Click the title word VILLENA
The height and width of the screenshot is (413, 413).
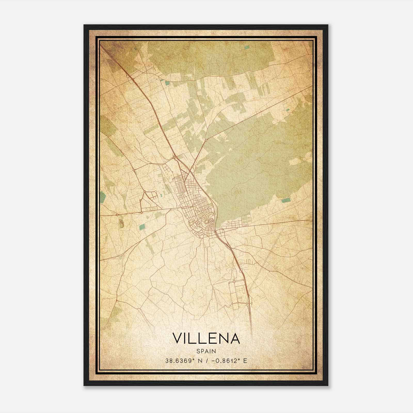[206, 338]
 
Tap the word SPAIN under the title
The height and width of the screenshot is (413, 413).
[206, 351]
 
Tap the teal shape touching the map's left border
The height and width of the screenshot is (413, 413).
[103, 197]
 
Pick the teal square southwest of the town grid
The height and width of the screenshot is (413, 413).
[142, 227]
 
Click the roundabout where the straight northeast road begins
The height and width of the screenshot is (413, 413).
[206, 140]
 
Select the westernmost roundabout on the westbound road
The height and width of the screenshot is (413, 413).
[117, 215]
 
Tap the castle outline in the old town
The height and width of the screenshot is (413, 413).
[206, 221]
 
